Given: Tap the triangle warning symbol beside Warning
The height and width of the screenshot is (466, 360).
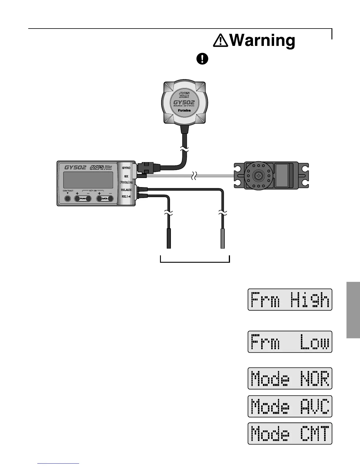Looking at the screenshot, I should click(x=221, y=41).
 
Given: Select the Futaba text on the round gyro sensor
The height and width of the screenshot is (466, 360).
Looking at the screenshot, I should click(x=185, y=111).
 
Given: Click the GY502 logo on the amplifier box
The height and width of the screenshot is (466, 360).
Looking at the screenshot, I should click(x=75, y=167).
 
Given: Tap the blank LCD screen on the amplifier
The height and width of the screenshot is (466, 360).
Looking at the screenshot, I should click(x=89, y=180).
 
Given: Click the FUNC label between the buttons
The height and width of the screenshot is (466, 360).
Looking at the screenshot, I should click(x=83, y=199).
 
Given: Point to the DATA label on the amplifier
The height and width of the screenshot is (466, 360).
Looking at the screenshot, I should click(x=105, y=199).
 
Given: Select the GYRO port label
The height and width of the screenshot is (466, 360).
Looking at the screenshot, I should click(x=126, y=168).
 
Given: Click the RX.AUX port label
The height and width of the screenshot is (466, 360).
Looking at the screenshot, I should click(x=126, y=190).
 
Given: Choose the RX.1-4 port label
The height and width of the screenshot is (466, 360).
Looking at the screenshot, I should click(x=126, y=196).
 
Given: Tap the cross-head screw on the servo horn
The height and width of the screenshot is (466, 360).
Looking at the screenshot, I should click(x=259, y=176).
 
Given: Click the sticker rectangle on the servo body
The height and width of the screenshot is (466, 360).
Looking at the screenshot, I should click(x=281, y=176).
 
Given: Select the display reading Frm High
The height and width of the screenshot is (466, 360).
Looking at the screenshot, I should click(x=290, y=299).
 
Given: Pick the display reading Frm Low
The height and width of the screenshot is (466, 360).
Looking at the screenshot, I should click(x=290, y=342).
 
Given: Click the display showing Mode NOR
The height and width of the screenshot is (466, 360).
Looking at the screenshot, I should click(x=290, y=378).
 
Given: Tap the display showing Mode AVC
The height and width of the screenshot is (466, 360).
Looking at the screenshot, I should click(x=290, y=406).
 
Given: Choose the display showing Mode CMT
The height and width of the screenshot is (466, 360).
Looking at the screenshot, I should click(x=290, y=433).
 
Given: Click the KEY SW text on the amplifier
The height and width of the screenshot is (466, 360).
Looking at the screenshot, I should click(x=93, y=191).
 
